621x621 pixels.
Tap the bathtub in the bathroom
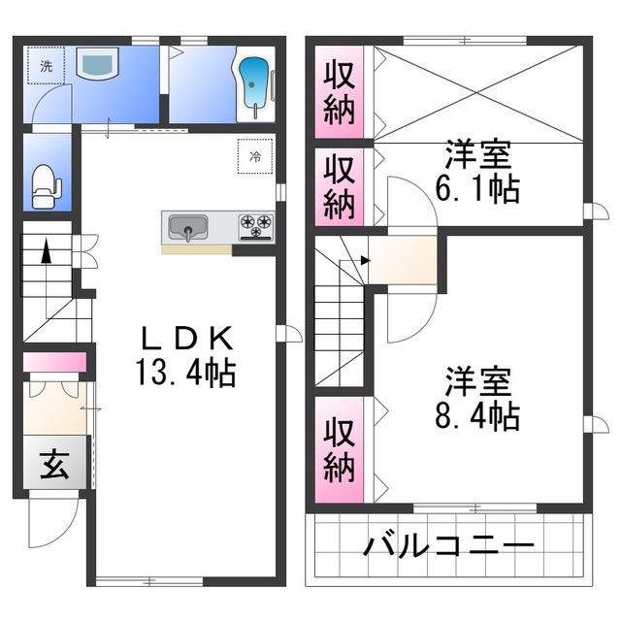click(x=254, y=84)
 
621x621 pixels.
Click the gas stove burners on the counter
click(x=256, y=227)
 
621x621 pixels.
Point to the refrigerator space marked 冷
click(x=255, y=155)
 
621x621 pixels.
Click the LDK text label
click(x=188, y=340)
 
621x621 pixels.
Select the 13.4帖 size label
click(x=188, y=372)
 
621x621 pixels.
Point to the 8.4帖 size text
click(x=476, y=415)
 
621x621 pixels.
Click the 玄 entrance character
click(x=54, y=467)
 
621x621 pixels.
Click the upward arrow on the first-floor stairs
click(x=46, y=254)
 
